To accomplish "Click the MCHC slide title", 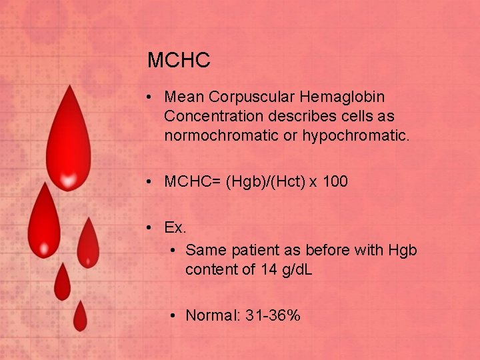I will pos(179,61).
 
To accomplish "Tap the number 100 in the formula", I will pos(335,181).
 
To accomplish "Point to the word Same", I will pos(203,250).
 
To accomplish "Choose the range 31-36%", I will pos(273,315).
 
